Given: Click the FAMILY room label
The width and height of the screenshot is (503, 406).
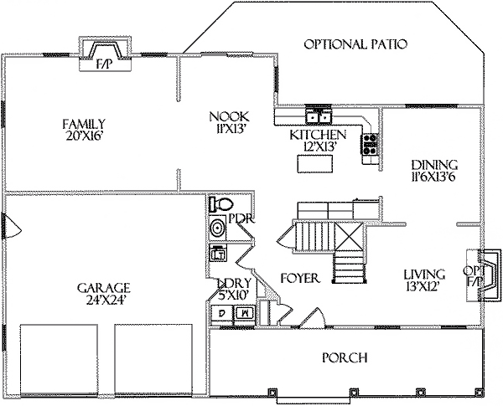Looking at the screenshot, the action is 84,124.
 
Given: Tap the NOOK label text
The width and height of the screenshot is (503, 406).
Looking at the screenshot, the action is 229,116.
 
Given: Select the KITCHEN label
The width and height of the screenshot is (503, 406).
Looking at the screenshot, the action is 318,135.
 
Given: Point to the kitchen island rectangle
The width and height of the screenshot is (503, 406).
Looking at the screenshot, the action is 315,164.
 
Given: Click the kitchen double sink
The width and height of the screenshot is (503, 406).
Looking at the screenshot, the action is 319,116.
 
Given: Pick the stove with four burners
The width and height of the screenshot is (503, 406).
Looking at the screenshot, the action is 371,144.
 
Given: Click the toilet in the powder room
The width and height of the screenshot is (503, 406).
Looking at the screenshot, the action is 220,204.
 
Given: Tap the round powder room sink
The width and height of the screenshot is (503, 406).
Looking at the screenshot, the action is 217,229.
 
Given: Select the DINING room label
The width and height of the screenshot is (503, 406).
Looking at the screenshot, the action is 434,165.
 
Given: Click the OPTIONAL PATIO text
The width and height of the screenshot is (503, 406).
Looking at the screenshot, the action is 355,44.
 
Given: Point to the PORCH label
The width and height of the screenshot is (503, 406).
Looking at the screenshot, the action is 345,357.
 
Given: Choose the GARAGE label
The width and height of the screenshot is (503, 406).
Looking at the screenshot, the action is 104,288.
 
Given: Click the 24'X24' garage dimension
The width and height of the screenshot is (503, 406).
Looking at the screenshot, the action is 105,301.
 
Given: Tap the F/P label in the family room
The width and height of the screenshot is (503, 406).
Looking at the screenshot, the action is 105,65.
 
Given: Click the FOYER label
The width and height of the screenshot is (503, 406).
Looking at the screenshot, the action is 300,278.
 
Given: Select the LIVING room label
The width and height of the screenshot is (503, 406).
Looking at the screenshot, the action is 424,275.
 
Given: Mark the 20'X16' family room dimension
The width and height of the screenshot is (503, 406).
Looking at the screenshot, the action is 84,136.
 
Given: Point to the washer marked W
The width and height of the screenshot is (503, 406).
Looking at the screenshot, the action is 245,312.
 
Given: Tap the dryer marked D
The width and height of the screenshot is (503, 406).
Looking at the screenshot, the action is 222,312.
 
